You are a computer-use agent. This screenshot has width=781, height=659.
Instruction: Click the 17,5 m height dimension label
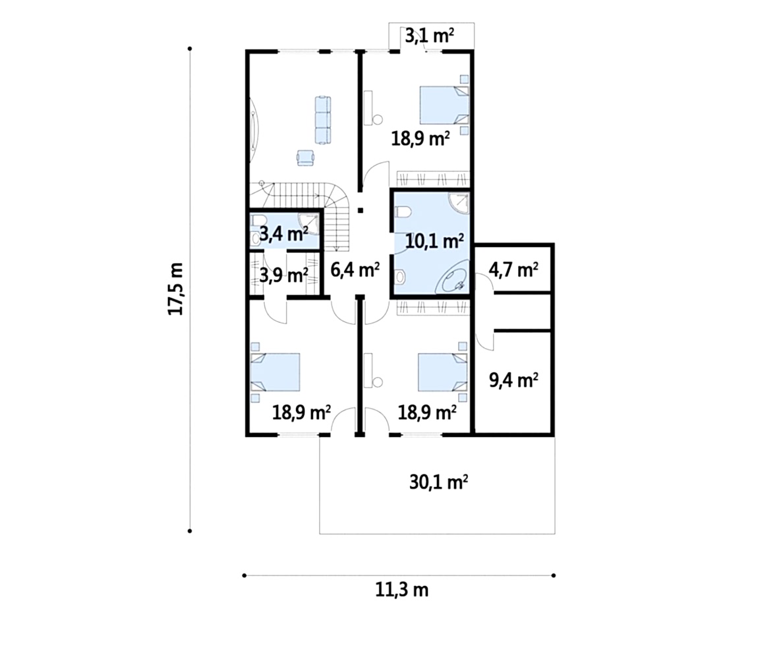(175, 289)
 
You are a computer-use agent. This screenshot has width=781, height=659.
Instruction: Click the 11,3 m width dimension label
(401, 590)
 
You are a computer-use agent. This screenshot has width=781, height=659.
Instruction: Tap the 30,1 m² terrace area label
(438, 482)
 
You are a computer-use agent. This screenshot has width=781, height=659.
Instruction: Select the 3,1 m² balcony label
(429, 36)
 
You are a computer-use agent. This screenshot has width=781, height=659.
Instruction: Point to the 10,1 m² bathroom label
(435, 242)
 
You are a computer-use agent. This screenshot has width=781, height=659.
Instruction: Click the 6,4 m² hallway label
(355, 270)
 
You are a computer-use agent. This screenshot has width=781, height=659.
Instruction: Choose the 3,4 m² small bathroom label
(283, 233)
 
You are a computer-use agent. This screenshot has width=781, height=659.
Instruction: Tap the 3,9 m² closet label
(284, 274)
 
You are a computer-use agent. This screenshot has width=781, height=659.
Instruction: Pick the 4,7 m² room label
(513, 270)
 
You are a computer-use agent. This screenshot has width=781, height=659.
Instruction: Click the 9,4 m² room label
(513, 380)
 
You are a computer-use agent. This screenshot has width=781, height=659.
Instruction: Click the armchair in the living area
(305, 158)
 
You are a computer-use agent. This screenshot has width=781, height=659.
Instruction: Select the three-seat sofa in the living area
(323, 120)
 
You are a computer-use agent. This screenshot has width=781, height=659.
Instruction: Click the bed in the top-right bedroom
(444, 105)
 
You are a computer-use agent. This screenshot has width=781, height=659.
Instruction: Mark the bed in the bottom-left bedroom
(275, 372)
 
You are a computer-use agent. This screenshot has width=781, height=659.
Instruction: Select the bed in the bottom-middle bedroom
(442, 372)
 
